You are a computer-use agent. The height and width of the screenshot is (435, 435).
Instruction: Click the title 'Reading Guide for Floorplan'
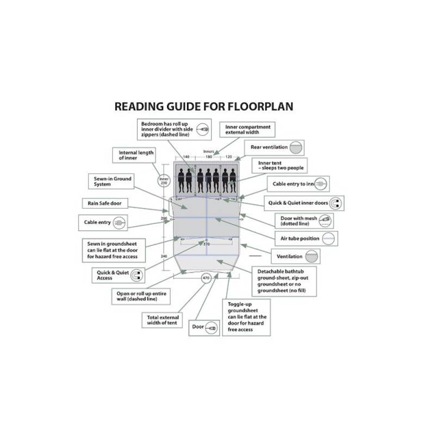click(203, 106)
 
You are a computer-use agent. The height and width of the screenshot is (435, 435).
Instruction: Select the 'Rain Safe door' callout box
click(104, 203)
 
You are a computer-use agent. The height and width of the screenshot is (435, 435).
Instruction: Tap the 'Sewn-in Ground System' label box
click(111, 182)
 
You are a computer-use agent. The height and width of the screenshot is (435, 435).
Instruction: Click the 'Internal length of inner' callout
click(136, 156)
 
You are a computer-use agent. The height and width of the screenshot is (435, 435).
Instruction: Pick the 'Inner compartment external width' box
click(247, 129)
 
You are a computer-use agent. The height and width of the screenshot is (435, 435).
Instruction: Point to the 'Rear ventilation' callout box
click(275, 147)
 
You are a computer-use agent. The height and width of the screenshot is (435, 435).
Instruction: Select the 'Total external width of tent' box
click(162, 320)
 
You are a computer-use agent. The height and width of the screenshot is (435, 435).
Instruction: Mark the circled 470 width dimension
click(206, 278)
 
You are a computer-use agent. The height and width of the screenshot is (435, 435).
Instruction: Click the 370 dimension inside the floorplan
click(206, 244)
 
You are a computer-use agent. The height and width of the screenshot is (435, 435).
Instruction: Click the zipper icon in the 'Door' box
click(212, 327)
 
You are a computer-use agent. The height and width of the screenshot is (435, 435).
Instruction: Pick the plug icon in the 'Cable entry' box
click(120, 222)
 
